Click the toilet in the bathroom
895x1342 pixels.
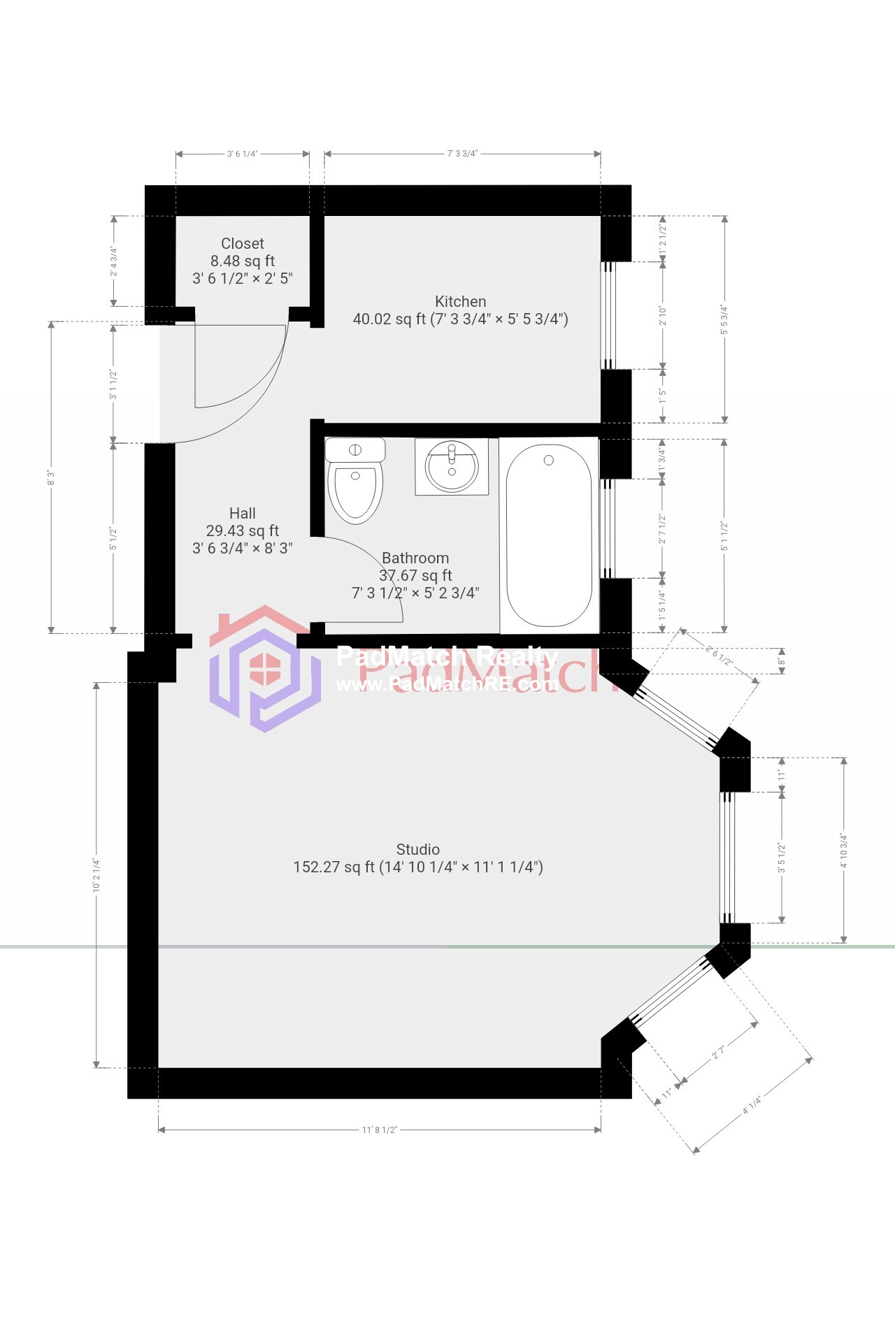355,482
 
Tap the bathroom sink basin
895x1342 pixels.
452,466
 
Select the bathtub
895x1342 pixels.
549,535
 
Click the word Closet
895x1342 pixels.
243,244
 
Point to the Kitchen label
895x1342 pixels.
460,302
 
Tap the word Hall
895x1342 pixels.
243,514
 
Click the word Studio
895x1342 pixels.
418,850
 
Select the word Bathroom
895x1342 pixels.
415,558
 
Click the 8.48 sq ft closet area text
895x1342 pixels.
243,261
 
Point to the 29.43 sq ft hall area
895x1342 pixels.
243,531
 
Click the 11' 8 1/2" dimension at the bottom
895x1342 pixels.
380,1130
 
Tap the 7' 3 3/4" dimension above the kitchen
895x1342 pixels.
462,154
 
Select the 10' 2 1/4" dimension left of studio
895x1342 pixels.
96,875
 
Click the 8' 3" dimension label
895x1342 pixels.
51,478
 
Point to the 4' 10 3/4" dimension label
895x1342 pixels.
844,851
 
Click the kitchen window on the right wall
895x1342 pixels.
608,315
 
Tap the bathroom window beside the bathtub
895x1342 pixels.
607,528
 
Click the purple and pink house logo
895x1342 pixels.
264,669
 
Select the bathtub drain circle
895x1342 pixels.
549,460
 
